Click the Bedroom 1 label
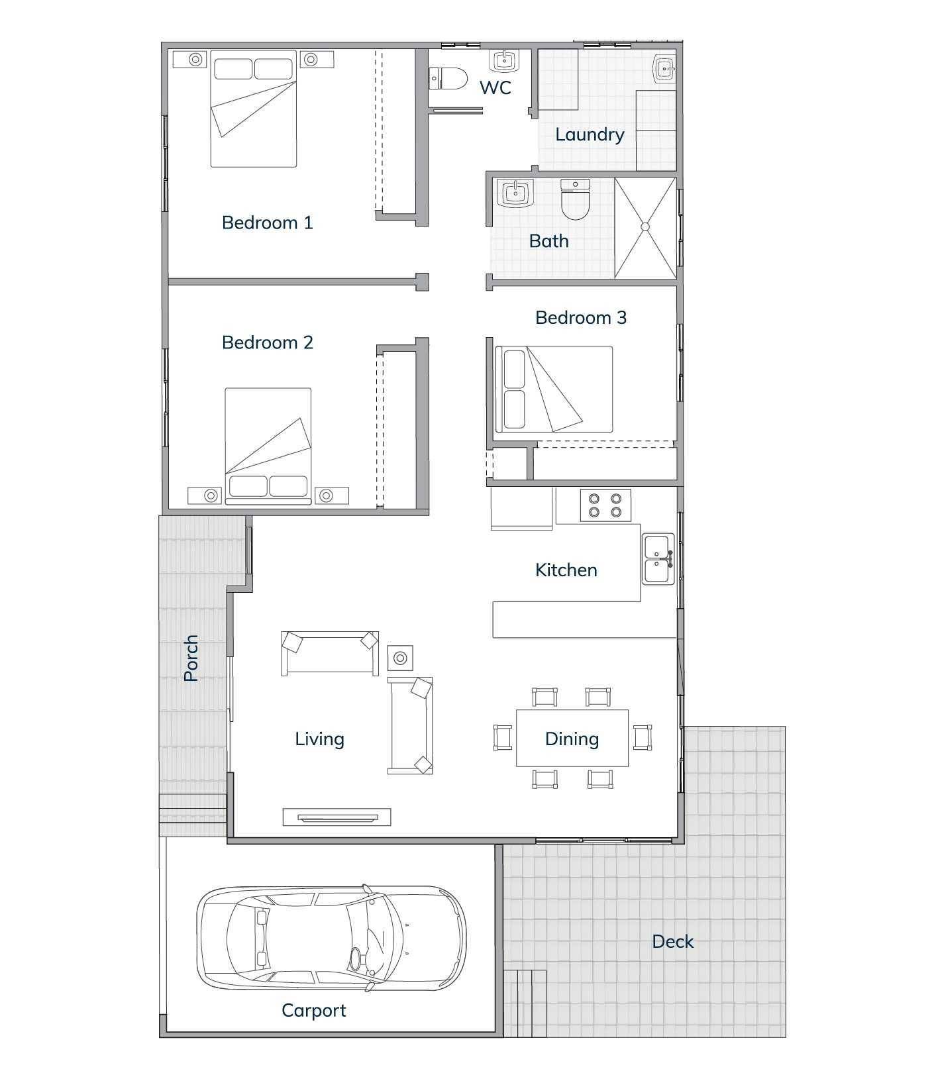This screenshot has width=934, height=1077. (x=267, y=223)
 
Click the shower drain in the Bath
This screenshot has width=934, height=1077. (x=645, y=227)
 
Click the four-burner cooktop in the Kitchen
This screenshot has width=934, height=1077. (x=605, y=505)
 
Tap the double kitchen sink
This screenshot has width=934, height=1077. (x=658, y=560)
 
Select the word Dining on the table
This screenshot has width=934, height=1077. (x=572, y=739)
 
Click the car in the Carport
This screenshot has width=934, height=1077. (x=331, y=939)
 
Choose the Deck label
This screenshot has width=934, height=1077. (x=672, y=941)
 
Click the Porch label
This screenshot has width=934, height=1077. (x=191, y=658)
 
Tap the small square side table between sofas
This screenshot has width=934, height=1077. (x=400, y=658)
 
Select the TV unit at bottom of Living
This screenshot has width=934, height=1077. (x=337, y=817)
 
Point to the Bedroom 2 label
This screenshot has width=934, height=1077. (x=267, y=342)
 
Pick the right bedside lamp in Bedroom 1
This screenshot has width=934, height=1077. (x=309, y=60)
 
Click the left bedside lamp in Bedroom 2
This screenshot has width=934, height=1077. (x=211, y=495)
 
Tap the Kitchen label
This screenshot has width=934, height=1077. (x=566, y=570)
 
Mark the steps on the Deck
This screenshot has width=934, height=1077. (x=525, y=1003)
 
